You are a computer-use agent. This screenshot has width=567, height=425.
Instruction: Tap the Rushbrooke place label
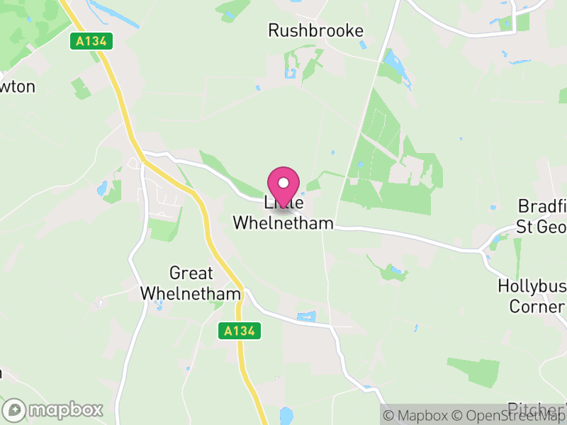315,30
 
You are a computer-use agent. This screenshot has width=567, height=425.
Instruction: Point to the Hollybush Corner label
531,296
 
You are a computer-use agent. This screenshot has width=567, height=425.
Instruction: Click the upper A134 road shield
92,41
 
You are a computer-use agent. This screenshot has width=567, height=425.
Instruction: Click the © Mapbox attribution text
417,415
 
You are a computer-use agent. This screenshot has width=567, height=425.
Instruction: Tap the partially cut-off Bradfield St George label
542,216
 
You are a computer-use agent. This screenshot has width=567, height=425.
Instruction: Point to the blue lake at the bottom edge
286,416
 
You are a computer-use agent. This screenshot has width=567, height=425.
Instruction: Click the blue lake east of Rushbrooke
391,67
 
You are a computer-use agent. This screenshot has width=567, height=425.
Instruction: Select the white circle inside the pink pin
283,183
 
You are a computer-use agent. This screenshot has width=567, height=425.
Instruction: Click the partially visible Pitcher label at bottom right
537,409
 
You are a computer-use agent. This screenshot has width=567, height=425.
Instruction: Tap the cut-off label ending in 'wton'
17,86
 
